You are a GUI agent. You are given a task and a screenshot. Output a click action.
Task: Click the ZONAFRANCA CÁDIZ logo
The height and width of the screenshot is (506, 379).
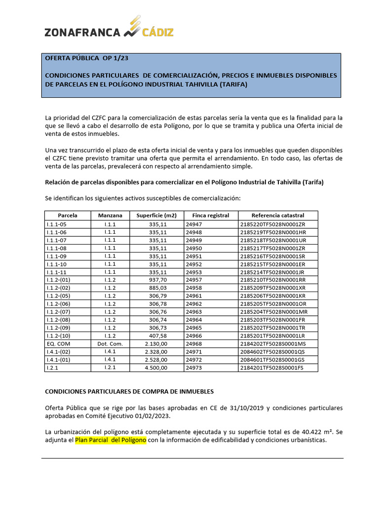[109, 29]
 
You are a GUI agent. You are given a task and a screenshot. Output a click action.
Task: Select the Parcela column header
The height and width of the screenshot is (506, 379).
[68, 215]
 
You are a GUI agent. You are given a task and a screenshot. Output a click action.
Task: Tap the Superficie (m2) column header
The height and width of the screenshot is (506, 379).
[156, 215]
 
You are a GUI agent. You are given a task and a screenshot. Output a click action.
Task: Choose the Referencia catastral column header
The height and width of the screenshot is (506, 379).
[278, 215]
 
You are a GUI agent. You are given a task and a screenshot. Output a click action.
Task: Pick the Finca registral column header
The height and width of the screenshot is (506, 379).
[211, 215]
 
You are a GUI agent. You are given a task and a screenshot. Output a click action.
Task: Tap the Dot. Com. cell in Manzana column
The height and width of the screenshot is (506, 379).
[110, 343]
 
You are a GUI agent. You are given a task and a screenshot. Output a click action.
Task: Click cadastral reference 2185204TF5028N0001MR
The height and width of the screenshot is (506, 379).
[274, 312]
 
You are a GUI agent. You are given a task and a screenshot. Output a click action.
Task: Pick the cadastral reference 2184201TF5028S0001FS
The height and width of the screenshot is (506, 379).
[272, 368]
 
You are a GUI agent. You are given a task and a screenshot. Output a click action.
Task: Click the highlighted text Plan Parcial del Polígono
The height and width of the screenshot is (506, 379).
[111, 440]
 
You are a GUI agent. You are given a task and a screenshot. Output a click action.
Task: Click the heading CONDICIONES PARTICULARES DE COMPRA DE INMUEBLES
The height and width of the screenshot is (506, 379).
[129, 391]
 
